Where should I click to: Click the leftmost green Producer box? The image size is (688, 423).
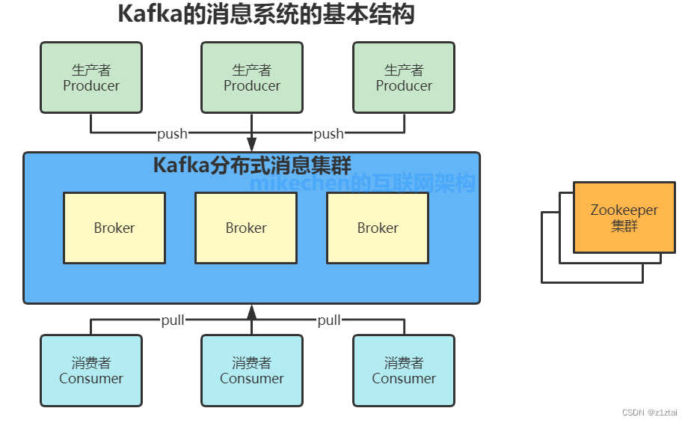pyautogui.click(x=91, y=78)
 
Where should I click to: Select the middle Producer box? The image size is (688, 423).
pyautogui.click(x=252, y=78)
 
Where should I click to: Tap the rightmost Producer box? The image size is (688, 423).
pyautogui.click(x=404, y=78)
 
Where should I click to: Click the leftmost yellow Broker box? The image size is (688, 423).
pyautogui.click(x=114, y=228)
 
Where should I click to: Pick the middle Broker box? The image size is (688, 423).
pyautogui.click(x=246, y=228)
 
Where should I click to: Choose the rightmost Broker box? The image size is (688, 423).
pyautogui.click(x=378, y=228)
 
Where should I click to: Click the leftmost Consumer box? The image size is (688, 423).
pyautogui.click(x=91, y=371)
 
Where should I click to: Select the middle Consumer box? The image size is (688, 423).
pyautogui.click(x=252, y=371)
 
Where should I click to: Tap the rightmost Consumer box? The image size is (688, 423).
pyautogui.click(x=404, y=371)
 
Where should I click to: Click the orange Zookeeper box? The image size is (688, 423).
pyautogui.click(x=624, y=217)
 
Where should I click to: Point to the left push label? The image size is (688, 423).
pyautogui.click(x=172, y=134)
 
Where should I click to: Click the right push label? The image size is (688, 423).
pyautogui.click(x=328, y=134)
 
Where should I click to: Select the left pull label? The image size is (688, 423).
pyautogui.click(x=173, y=320)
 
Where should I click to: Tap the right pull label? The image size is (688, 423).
pyautogui.click(x=329, y=320)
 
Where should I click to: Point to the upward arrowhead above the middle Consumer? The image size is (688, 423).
pyautogui.click(x=252, y=312)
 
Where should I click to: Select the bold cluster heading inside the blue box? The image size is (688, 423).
pyautogui.click(x=252, y=165)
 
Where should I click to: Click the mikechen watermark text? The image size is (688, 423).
pyautogui.click(x=363, y=183)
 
